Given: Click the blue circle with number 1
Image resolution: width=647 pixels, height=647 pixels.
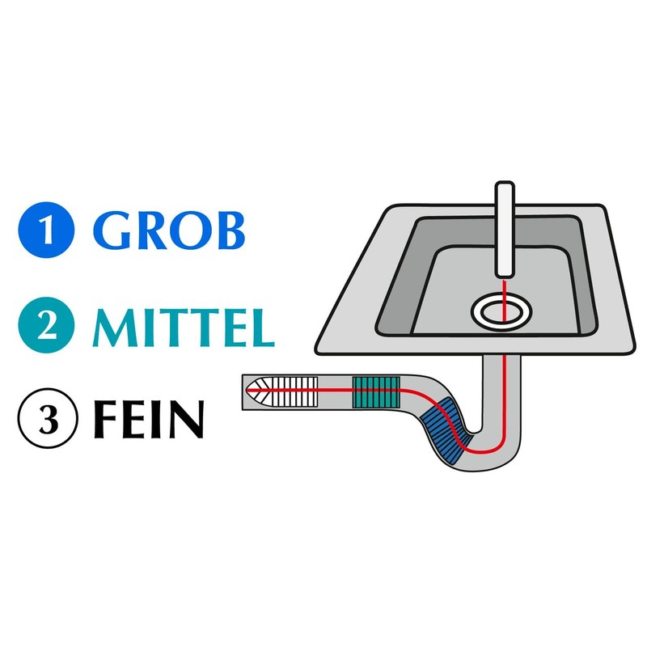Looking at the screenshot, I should coord(47,229).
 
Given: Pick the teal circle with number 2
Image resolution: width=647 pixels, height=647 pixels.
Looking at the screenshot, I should coord(47,325).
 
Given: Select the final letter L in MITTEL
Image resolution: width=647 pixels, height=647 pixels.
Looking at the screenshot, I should coord(259,325).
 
